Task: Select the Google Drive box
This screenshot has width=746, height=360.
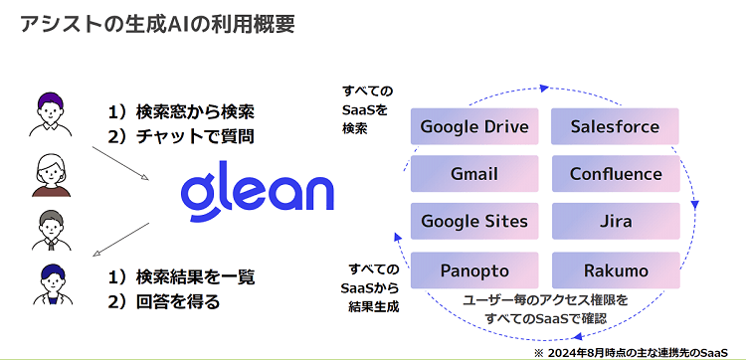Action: pos(474,127)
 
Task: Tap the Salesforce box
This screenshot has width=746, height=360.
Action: pos(615,127)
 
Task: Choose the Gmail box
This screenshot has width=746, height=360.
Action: pos(474,174)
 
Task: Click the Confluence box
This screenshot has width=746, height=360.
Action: pos(615,174)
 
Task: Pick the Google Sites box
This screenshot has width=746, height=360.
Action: pos(474,221)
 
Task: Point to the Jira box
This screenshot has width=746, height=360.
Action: pos(615,221)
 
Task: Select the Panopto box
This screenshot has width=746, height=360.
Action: pos(474,270)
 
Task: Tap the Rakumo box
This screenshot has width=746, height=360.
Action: pos(615,270)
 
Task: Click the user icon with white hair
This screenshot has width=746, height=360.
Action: pos(49,174)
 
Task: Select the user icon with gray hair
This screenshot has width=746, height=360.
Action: pos(49,231)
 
